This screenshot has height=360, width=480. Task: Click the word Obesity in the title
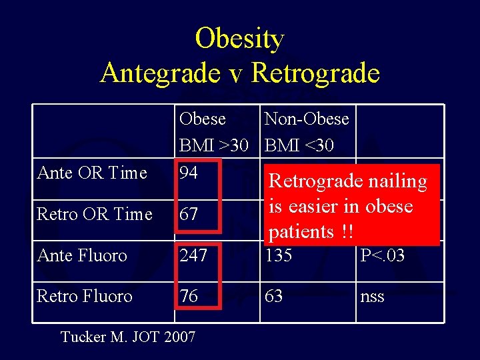pos(239,39)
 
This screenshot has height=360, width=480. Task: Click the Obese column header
pos(202,119)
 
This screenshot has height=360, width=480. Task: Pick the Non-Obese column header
pos(307,119)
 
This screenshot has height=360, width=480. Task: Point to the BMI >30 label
pos(213,145)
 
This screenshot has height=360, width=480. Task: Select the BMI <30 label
pos(299,145)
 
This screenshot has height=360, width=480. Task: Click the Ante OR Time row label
pos(92,173)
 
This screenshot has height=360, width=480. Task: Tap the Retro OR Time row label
pos(95,214)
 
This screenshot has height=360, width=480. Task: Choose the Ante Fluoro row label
pos(82,255)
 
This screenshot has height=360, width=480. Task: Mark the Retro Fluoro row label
pos(85,296)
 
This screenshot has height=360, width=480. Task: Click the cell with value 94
pos(189,173)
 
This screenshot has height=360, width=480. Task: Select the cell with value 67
pos(189,214)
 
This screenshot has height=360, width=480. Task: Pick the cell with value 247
pos(193,255)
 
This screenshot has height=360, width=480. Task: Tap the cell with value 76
pos(189,296)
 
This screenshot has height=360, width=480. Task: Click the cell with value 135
pos(278,255)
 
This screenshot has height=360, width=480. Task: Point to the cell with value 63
pos(273,296)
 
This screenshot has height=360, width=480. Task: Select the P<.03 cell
pos(382,255)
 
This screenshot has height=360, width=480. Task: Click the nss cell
pos(372,297)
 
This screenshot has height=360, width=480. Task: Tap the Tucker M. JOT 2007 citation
pos(128,337)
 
